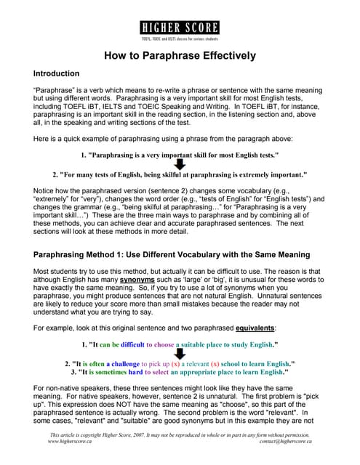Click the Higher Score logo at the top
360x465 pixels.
[180, 28]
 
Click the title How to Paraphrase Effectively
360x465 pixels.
[180, 55]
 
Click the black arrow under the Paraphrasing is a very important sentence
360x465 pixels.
[180, 165]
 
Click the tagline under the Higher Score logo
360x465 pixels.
[180, 38]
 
